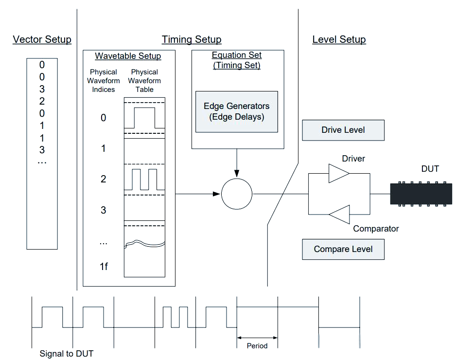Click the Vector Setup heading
(x=42, y=39)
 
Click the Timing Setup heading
(x=192, y=39)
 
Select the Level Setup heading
(x=339, y=39)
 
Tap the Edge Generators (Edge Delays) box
(x=237, y=111)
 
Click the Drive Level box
(x=343, y=130)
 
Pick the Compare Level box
(x=343, y=249)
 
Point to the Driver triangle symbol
(x=338, y=174)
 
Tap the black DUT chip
(x=421, y=193)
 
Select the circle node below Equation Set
(x=237, y=194)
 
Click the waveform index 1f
(x=104, y=266)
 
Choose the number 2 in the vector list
(x=42, y=101)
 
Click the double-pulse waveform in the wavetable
(x=145, y=180)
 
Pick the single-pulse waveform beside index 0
(x=145, y=118)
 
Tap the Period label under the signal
(x=257, y=346)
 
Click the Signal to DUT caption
(x=66, y=354)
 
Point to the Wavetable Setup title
(x=128, y=56)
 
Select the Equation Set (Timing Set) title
(x=237, y=60)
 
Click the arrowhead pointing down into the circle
(x=237, y=174)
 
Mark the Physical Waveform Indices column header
(x=104, y=81)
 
